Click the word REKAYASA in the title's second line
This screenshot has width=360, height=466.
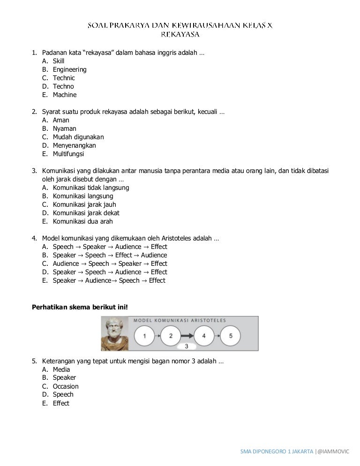point(180,34)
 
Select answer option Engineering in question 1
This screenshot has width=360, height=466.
point(69,69)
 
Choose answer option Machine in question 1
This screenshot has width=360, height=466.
point(64,95)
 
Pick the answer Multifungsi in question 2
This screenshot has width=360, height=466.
point(68,154)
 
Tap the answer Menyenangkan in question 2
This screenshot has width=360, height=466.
point(74,145)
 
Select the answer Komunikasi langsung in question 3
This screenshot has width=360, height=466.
point(82,196)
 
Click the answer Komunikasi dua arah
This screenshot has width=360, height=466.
point(82,221)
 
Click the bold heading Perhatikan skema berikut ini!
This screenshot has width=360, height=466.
point(79,307)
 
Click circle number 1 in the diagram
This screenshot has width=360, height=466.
point(145,336)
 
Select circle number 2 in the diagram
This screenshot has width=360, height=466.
point(171,336)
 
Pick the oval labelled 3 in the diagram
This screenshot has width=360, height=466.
point(187,346)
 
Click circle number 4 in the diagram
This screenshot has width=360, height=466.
point(204,336)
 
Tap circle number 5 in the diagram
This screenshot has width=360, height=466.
point(230,336)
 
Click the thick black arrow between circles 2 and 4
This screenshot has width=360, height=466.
point(187,336)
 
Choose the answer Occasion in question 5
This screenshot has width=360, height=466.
point(66,386)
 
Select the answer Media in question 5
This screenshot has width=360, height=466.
point(61,369)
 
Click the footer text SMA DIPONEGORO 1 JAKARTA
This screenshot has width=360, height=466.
point(277,451)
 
